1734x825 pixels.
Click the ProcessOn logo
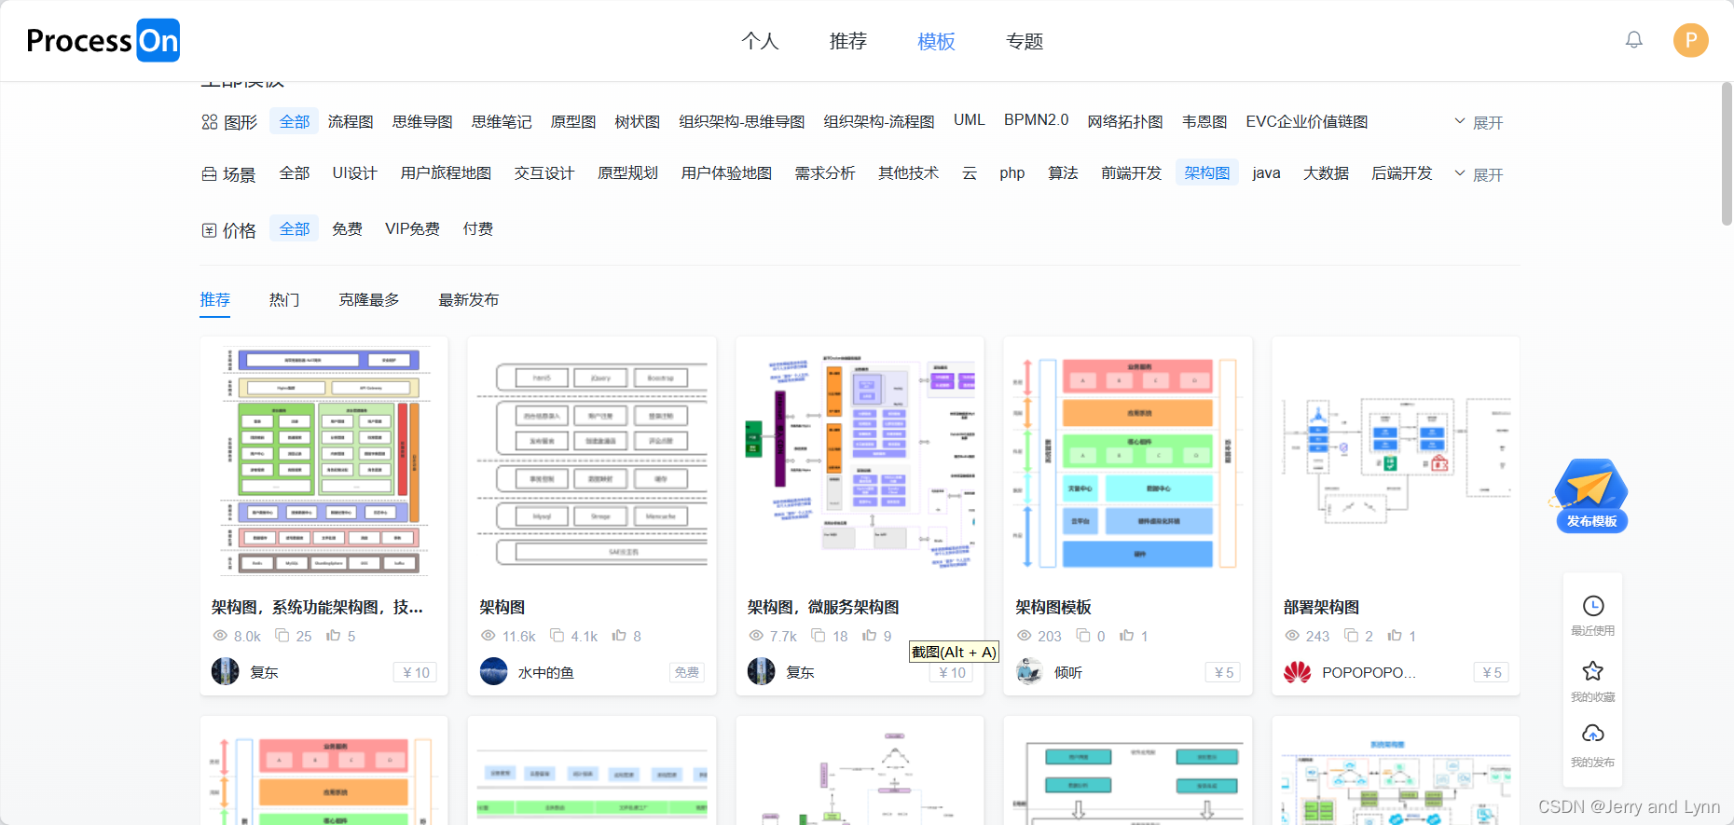[103, 41]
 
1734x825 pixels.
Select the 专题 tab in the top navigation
[1024, 41]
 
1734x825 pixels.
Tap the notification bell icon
[1633, 40]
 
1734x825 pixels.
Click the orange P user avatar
[1690, 40]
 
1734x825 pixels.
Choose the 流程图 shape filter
[351, 122]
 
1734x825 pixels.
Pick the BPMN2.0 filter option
[1036, 120]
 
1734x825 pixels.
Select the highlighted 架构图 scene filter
[1206, 173]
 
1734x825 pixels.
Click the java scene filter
[1266, 173]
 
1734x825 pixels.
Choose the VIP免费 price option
[412, 229]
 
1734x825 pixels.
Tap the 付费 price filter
[478, 229]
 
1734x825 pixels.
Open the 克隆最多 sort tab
[369, 300]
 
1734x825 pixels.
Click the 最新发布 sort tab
[469, 300]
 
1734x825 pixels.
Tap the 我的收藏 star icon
[1592, 671]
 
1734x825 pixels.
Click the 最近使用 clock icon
[1592, 607]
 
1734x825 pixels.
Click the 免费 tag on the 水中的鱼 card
[687, 673]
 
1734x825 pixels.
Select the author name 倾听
[1068, 673]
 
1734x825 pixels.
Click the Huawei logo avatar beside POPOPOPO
[1297, 672]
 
